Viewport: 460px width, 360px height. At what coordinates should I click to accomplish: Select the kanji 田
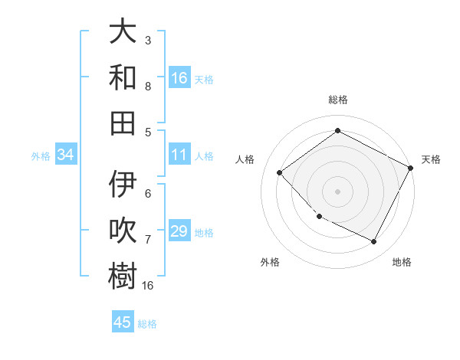123,122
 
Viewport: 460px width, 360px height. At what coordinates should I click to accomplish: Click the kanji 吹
123,230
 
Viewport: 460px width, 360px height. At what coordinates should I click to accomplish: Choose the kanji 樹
123,276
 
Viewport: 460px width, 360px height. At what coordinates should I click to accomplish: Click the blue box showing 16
179,78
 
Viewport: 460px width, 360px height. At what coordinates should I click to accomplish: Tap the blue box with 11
179,155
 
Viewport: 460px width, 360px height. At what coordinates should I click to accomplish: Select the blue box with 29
179,231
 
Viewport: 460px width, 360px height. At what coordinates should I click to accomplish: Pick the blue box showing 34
65,155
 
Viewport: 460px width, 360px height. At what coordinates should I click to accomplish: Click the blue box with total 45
123,322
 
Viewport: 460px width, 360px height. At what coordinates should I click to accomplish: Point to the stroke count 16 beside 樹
148,286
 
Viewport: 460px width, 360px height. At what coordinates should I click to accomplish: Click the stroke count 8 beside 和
148,87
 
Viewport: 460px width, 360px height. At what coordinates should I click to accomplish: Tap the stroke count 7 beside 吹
148,240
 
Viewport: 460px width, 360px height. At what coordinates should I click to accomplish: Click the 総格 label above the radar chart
337,100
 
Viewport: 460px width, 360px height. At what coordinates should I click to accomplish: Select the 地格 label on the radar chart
402,262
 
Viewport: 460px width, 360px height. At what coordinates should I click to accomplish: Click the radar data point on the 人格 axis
280,172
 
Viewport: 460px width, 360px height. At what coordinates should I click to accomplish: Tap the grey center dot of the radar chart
337,191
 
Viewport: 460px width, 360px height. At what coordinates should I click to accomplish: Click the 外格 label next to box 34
41,155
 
